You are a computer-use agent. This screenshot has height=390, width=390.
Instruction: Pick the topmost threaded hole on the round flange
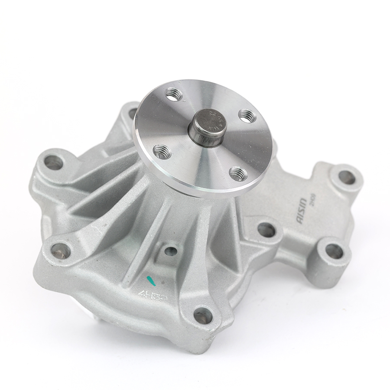click(173, 94)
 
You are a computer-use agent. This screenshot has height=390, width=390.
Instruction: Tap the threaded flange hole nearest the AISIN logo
click(237, 173)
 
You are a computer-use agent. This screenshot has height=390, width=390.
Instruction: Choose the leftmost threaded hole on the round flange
click(161, 152)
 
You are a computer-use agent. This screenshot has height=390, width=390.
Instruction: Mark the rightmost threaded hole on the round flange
click(247, 115)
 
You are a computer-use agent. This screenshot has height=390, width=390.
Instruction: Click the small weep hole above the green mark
click(171, 251)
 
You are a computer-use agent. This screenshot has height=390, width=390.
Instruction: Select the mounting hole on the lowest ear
click(203, 316)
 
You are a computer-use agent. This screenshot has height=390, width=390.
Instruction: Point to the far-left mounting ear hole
click(53, 162)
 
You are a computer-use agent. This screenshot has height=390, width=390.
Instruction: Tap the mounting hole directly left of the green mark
click(61, 250)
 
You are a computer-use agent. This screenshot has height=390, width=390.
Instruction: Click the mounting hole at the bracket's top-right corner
click(346, 176)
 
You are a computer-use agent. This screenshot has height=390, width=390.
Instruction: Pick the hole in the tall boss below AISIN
click(334, 251)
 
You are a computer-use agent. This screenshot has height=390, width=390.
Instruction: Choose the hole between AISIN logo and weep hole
click(266, 230)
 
